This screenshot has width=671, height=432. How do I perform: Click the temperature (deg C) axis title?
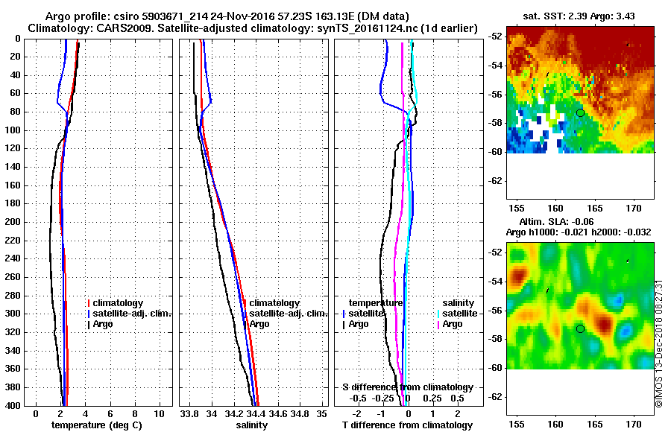point(96,425)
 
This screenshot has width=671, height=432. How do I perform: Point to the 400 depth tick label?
point(12,405)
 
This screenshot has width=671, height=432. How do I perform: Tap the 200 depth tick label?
point(12,222)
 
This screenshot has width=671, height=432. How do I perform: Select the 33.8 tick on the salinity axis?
point(189,413)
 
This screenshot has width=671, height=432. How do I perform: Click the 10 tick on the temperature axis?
point(159,413)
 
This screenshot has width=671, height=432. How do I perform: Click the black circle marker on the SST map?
point(580,112)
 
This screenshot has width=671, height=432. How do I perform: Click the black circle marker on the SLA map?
point(580,328)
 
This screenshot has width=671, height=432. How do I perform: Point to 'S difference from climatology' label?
point(407,387)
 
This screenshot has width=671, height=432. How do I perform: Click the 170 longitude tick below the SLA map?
point(634,422)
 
